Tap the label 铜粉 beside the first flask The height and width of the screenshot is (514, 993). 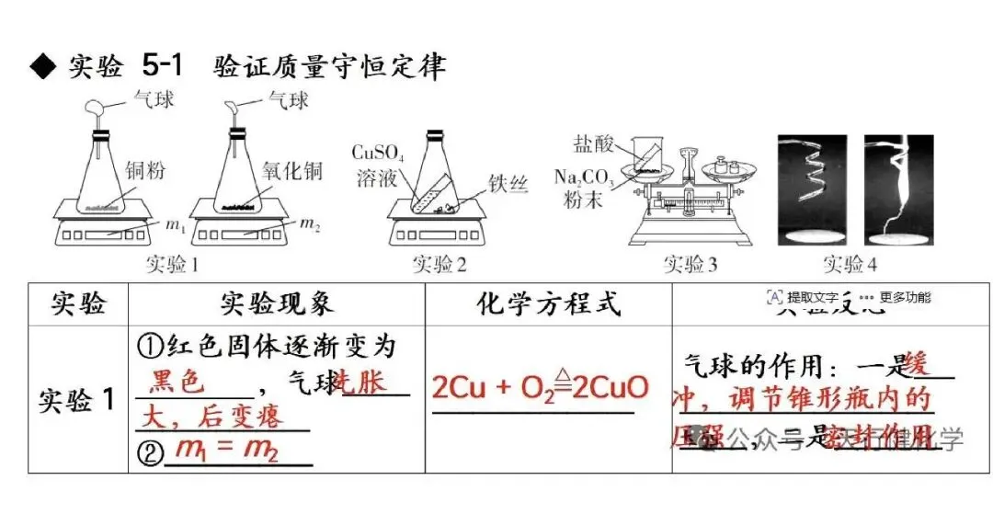(x=146, y=170)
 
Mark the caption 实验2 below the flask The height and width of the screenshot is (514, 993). (x=439, y=266)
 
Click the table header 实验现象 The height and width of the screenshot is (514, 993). (x=277, y=303)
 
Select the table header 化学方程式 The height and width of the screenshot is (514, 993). (x=549, y=303)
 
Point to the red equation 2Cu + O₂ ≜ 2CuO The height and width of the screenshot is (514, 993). (x=541, y=387)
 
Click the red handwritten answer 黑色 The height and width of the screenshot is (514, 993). (x=177, y=382)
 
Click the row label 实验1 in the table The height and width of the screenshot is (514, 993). (x=77, y=400)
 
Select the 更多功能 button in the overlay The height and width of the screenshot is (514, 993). (x=905, y=297)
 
